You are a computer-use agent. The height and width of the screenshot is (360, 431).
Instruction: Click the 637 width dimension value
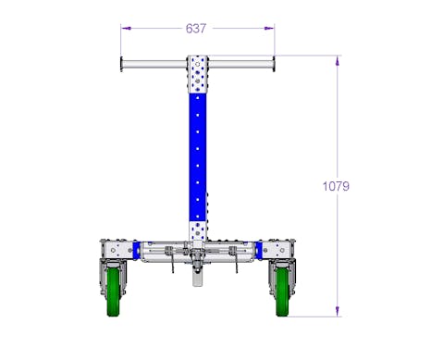[x=196, y=29]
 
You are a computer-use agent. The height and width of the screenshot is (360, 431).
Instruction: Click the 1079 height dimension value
[x=336, y=186]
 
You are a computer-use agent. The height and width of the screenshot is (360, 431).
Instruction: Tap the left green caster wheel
[x=114, y=292]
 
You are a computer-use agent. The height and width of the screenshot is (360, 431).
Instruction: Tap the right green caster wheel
[x=282, y=292]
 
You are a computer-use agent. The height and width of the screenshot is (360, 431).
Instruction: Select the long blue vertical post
[x=198, y=157]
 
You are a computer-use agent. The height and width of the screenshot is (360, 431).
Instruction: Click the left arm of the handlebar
[x=155, y=65]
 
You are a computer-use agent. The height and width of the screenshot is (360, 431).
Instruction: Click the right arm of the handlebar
[x=240, y=65]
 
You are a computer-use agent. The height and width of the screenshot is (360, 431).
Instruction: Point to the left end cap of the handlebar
[x=122, y=65]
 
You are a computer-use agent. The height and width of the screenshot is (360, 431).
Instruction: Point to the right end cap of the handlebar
[x=274, y=65]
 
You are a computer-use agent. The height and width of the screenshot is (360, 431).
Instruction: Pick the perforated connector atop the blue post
[x=198, y=74]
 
